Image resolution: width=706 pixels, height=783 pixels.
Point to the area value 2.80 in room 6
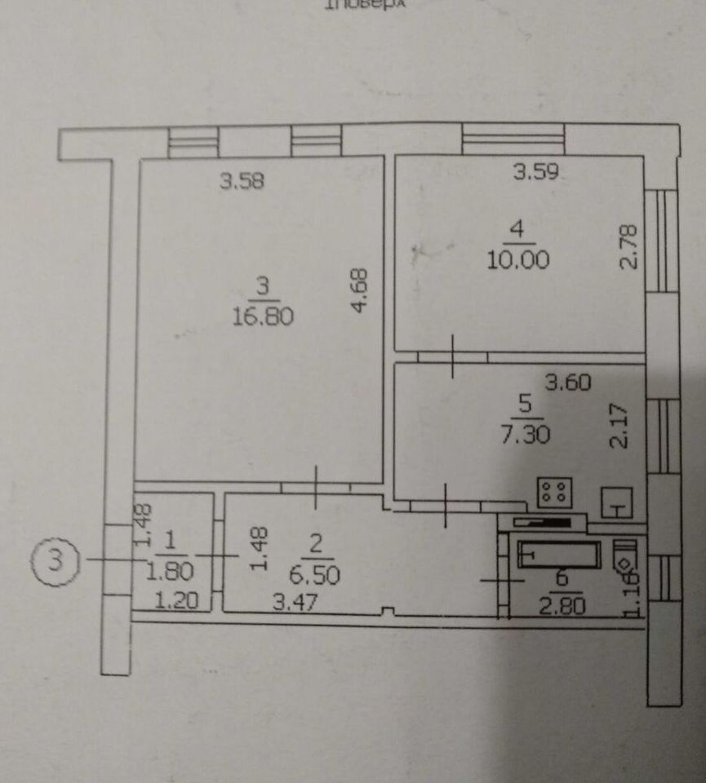562,605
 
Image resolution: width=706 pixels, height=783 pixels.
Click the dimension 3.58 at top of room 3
242,182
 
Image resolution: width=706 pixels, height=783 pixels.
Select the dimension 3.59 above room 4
535,172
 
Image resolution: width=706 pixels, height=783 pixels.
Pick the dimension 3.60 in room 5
568,382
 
